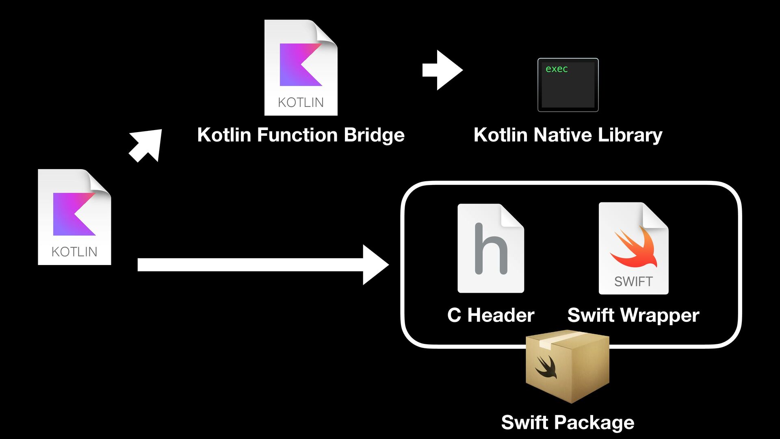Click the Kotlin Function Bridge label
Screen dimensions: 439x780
click(301, 135)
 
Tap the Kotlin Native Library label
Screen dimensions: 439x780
click(568, 135)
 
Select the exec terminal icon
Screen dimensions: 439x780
click(568, 85)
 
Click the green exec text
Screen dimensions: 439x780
click(556, 69)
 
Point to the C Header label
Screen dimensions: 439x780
click(490, 315)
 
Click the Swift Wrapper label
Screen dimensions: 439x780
click(633, 315)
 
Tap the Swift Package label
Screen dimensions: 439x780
click(567, 422)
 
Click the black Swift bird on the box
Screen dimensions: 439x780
click(546, 367)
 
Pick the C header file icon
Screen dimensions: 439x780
click(490, 248)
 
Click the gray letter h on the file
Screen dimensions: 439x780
click(491, 249)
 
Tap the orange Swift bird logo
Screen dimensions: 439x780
click(634, 248)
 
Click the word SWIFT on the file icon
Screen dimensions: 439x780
click(633, 281)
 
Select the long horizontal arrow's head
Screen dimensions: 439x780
click(375, 265)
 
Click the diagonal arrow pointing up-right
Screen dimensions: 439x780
click(146, 145)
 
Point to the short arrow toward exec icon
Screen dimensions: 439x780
click(442, 70)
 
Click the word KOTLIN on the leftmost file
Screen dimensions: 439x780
click(74, 252)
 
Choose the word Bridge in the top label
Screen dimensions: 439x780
click(374, 135)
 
